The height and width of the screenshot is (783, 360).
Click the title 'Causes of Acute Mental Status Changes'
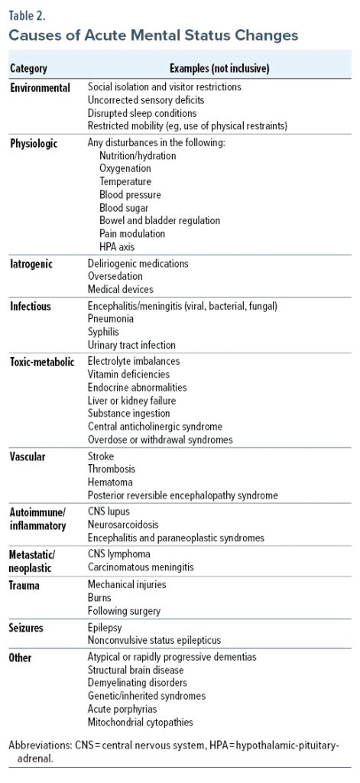point(153,35)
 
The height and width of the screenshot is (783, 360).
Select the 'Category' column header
point(28,69)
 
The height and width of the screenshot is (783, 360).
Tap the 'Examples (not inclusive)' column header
point(219,69)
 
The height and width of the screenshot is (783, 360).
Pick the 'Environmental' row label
point(40,88)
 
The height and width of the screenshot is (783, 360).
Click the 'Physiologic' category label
point(34,143)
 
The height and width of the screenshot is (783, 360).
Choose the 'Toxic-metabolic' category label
point(42,361)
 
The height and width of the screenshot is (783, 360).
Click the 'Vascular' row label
point(28,457)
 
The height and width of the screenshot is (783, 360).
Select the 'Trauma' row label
point(25,586)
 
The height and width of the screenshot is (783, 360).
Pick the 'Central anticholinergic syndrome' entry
point(155,427)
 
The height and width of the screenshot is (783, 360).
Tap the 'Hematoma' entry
point(110,482)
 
